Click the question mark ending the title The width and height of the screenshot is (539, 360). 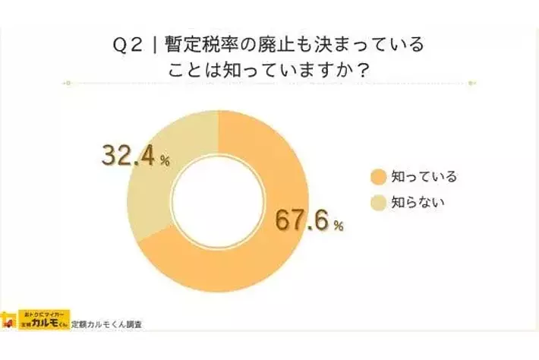[364, 68]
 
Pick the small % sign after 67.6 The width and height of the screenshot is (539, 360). [339, 226]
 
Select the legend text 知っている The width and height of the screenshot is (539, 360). [424, 177]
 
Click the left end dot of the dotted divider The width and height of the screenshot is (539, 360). [68, 83]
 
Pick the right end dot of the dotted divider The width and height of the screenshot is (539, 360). [471, 83]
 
